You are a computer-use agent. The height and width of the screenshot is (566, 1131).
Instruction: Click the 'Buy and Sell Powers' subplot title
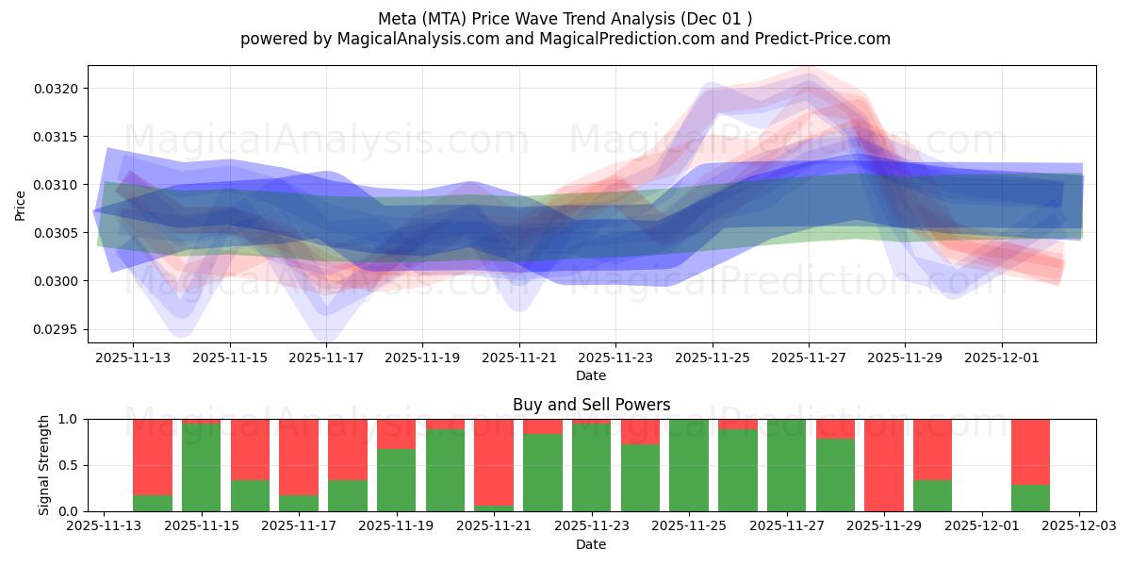pyautogui.click(x=591, y=405)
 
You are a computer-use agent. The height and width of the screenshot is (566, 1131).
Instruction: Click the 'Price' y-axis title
pyautogui.click(x=21, y=205)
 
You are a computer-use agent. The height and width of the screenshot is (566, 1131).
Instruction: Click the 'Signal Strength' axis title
pyautogui.click(x=44, y=464)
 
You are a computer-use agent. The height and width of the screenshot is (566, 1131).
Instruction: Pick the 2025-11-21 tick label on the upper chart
pyautogui.click(x=518, y=358)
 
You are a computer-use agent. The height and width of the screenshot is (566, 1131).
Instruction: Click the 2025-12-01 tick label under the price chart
pyautogui.click(x=1001, y=358)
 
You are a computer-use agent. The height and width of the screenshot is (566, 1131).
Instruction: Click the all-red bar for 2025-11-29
pyautogui.click(x=883, y=464)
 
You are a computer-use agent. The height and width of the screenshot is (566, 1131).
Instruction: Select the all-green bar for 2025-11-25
pyautogui.click(x=688, y=464)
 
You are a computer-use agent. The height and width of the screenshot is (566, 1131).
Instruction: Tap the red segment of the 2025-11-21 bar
pyautogui.click(x=494, y=460)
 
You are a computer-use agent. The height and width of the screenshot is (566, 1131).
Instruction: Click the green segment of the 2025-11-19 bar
pyautogui.click(x=396, y=480)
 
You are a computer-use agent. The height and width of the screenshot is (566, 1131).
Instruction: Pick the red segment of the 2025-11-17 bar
pyautogui.click(x=299, y=456)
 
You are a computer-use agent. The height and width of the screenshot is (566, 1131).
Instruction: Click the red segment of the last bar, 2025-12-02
pyautogui.click(x=1030, y=451)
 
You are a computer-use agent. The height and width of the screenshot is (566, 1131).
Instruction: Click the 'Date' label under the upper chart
pyautogui.click(x=591, y=375)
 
